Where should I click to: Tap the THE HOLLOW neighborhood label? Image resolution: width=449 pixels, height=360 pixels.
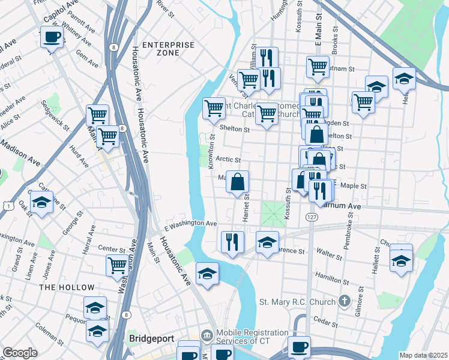(67, 287)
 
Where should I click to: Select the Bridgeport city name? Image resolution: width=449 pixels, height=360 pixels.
(151, 339)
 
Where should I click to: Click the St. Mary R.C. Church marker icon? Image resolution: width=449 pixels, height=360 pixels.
(344, 300)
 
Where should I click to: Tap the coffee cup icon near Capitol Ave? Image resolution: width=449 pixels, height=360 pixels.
(52, 37)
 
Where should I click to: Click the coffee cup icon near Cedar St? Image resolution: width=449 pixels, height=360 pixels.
(300, 346)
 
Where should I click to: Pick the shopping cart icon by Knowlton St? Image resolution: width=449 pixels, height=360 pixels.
(214, 108)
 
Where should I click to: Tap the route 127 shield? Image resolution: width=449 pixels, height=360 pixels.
(310, 216)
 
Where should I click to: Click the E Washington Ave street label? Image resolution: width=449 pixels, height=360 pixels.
(191, 223)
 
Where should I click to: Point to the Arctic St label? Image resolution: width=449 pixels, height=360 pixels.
(228, 160)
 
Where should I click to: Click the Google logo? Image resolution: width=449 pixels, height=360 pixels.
(20, 353)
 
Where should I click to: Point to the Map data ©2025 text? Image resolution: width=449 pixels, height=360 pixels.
(423, 355)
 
